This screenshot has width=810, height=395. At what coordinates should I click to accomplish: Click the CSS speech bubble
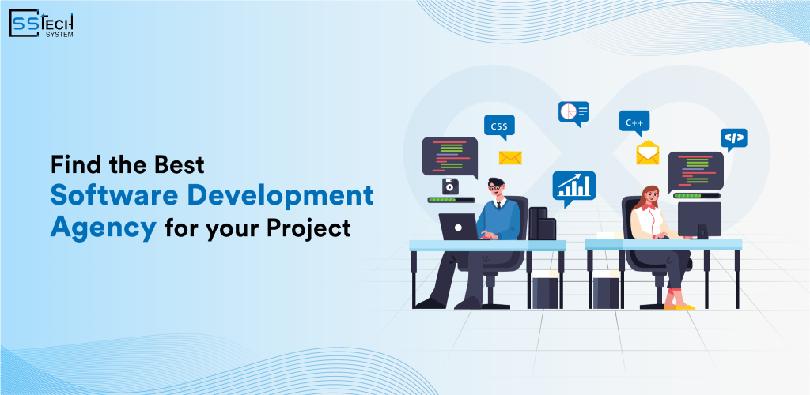tap(499, 126)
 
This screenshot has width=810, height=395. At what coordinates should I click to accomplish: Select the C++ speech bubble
tap(634, 122)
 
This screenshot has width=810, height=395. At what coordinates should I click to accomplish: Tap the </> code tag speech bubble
tap(734, 139)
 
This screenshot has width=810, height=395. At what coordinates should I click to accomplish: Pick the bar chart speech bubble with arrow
tap(573, 186)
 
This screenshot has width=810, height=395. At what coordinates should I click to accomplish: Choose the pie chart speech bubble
tap(573, 112)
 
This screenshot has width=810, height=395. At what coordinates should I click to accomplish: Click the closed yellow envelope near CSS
tap(510, 157)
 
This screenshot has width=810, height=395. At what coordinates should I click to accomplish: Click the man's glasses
tap(495, 187)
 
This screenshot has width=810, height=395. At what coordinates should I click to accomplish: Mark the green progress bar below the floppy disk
tap(450, 201)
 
